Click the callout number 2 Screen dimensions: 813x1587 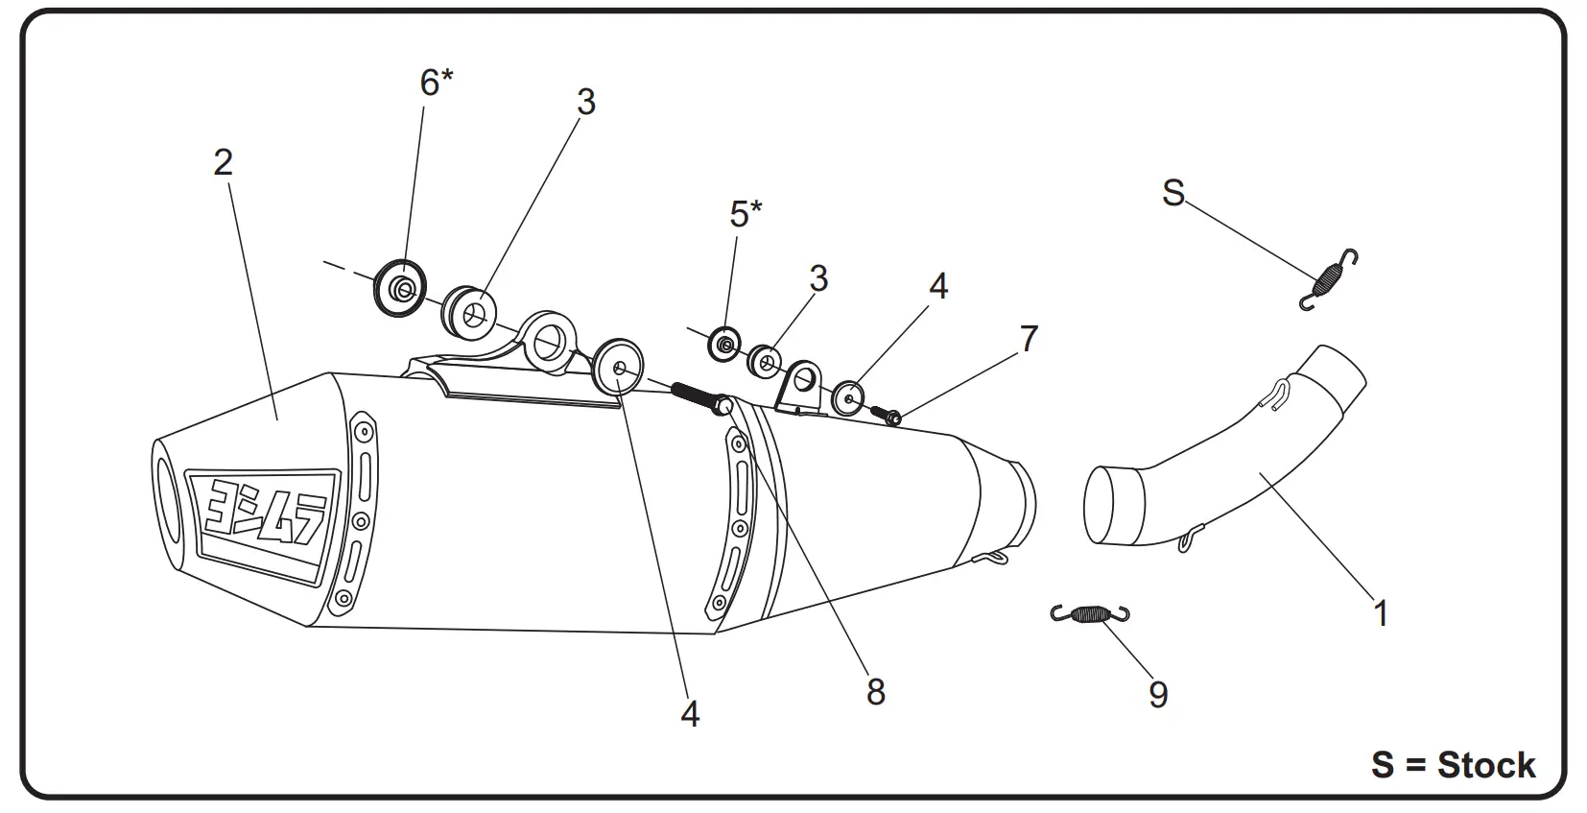point(223,162)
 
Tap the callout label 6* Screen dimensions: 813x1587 point(436,83)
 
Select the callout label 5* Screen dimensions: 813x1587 point(745,213)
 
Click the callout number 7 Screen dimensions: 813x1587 point(1029,338)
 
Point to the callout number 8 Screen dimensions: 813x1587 point(875,691)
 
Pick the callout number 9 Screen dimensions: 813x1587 point(1158,694)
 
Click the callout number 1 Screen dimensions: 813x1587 point(1381,612)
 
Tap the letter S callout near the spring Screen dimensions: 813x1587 point(1172,193)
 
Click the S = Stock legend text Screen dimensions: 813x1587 point(1453,765)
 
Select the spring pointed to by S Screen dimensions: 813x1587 point(1329,278)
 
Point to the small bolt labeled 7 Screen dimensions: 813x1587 point(887,416)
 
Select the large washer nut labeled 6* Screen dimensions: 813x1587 point(400,287)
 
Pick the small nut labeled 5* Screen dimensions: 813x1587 point(724,343)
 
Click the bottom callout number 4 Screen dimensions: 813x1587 point(690,713)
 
